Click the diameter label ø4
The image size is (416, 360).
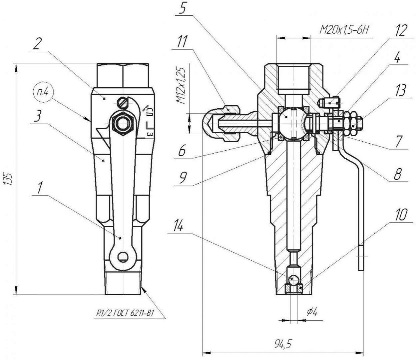[312, 312]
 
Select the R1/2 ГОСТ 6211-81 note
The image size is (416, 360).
[125, 313]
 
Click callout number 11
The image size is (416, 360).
[182, 42]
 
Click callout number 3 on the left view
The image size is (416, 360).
[37, 117]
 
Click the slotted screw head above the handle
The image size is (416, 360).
[123, 103]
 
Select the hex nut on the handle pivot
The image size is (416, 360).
[123, 123]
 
